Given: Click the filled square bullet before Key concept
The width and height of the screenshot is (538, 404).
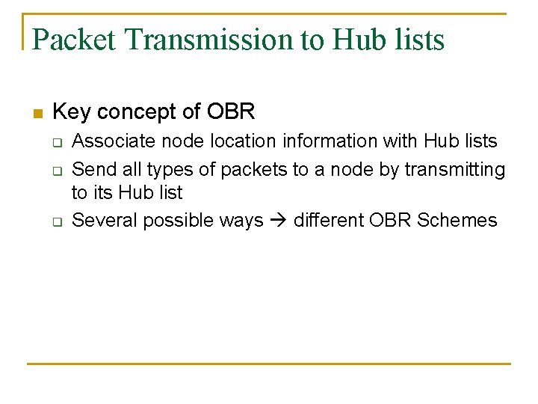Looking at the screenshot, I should click(x=38, y=114).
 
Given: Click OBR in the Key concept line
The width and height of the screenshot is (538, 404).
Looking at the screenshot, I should click(x=231, y=112).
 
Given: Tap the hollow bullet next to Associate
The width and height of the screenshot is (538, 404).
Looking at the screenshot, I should click(x=56, y=141).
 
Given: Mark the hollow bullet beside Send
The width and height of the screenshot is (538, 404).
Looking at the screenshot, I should click(x=56, y=171).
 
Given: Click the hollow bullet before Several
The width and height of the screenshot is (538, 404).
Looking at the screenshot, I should click(x=56, y=221).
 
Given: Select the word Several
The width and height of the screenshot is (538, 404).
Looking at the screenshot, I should click(x=105, y=220).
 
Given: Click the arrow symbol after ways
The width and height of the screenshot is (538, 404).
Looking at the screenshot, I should click(x=279, y=221).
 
